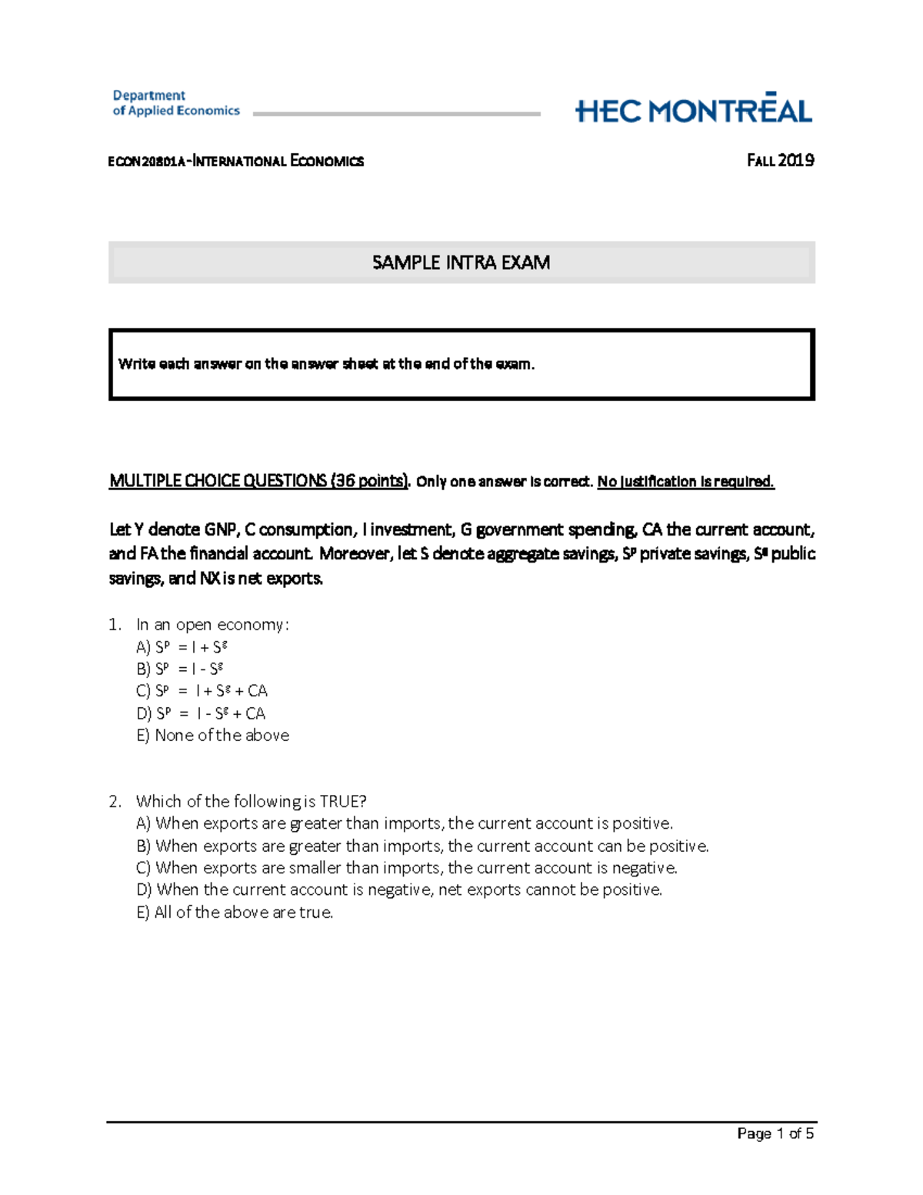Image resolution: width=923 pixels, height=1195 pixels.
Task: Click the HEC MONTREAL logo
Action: click(693, 110)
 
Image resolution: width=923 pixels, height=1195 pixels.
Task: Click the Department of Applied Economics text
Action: click(176, 103)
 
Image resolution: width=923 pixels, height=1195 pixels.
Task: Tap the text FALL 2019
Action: click(780, 161)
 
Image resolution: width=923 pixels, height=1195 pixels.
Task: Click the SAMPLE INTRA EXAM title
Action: click(461, 262)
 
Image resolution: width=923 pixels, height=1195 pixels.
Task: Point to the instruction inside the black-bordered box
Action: click(326, 364)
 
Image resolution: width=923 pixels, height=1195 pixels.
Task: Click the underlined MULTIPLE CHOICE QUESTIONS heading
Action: click(258, 481)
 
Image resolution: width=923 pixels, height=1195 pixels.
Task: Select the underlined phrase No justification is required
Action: click(685, 482)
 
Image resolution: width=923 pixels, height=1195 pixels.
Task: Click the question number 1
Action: click(115, 624)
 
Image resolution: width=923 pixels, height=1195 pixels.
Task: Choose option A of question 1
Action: click(182, 647)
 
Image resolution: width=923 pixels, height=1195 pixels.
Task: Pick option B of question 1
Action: click(180, 669)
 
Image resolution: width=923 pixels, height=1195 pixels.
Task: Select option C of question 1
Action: click(202, 691)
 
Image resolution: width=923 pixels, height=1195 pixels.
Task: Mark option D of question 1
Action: click(201, 713)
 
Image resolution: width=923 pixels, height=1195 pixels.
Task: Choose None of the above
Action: click(212, 736)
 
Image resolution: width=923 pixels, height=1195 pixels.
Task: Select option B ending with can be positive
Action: click(422, 846)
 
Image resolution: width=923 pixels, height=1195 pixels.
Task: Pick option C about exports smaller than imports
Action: click(407, 868)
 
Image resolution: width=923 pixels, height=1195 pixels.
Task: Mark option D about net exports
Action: click(399, 890)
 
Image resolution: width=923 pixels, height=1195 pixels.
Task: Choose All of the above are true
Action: click(235, 913)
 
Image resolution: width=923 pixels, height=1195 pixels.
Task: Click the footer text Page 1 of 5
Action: click(775, 1133)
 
